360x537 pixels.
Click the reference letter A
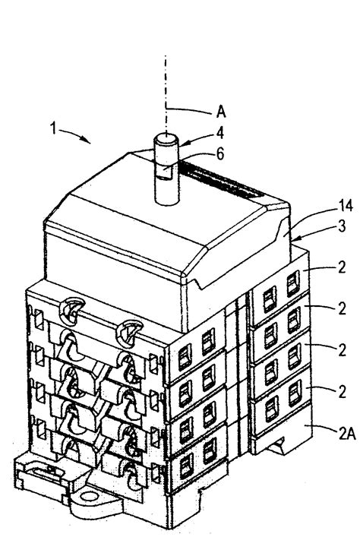pos(221,112)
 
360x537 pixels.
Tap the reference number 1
pos(53,128)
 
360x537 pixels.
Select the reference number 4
pos(220,132)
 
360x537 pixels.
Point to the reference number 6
pos(220,153)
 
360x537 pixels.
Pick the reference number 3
pos(342,226)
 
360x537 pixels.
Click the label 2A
pos(346,434)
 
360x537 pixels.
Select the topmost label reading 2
pos(342,267)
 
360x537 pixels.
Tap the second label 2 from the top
pos(342,308)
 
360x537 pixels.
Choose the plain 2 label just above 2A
pos(342,392)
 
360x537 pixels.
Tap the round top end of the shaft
pos(165,140)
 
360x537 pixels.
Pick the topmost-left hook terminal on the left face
pos(72,310)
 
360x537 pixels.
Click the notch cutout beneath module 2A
pos(278,446)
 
